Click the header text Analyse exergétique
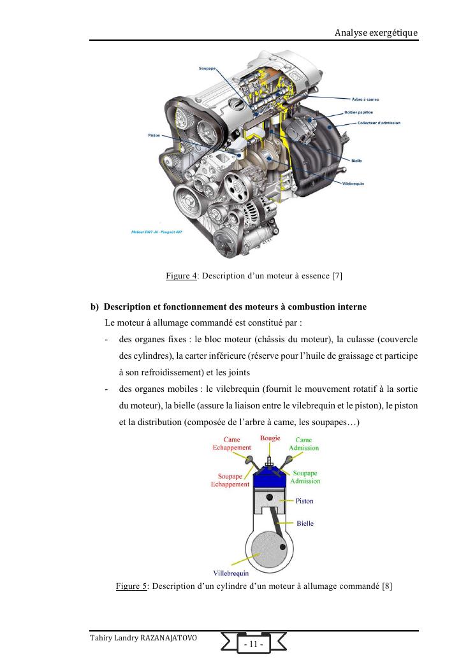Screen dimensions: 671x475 pyautogui.click(x=376, y=32)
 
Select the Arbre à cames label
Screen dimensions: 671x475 pyautogui.click(x=366, y=99)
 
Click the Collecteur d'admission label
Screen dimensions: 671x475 pyautogui.click(x=379, y=122)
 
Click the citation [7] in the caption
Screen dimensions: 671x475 pyautogui.click(x=337, y=276)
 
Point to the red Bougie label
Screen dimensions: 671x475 pyautogui.click(x=270, y=438)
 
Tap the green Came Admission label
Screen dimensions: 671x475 pyautogui.click(x=303, y=444)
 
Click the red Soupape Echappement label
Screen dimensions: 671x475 pyautogui.click(x=230, y=480)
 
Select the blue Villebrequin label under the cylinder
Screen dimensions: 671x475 pyautogui.click(x=231, y=572)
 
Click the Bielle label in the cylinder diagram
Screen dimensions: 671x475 pyautogui.click(x=305, y=523)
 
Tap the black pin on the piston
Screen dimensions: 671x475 pyautogui.click(x=270, y=498)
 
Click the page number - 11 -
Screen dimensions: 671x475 pyautogui.click(x=254, y=645)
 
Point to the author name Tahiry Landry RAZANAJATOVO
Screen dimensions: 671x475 pyautogui.click(x=143, y=637)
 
